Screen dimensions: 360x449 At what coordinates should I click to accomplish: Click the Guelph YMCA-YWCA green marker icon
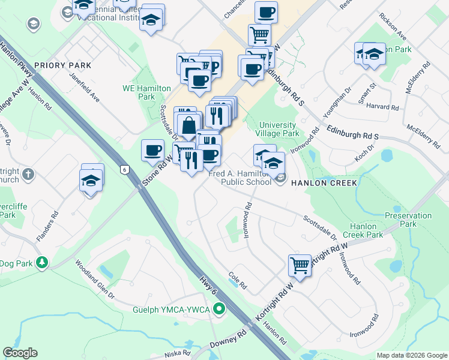tap(220, 310)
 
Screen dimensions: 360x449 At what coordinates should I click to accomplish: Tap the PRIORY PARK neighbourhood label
tap(62, 65)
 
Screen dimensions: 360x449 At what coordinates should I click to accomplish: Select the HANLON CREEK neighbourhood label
tap(324, 182)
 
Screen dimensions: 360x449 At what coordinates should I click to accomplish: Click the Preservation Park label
tap(400, 220)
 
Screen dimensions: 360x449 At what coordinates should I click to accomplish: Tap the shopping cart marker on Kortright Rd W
tap(300, 265)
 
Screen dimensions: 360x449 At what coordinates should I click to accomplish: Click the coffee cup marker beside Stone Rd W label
tap(153, 150)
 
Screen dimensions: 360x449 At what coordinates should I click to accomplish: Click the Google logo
tap(20, 353)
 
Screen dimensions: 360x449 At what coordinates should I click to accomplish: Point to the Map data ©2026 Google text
tap(412, 355)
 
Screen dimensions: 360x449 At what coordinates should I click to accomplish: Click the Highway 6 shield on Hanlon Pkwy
tap(125, 170)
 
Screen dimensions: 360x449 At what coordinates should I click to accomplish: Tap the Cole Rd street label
tap(238, 280)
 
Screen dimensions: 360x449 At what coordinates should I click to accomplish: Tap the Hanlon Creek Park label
tap(367, 230)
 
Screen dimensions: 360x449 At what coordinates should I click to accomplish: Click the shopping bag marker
tap(189, 127)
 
